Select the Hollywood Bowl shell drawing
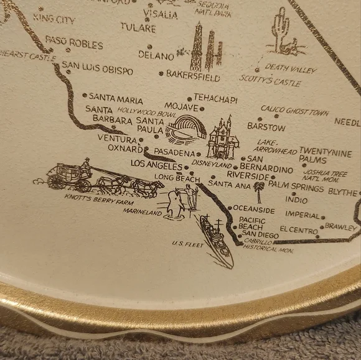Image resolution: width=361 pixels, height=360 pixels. tap(185, 129)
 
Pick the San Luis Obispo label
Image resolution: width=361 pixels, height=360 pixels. tap(98, 70)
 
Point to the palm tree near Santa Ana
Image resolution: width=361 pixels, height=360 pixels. tap(258, 190)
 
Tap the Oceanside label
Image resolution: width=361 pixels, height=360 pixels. tap(254, 210)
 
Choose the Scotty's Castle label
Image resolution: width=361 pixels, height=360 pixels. tap(270, 81)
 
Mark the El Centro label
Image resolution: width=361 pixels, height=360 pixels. tap(299, 229)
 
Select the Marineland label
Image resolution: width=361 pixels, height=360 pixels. tap(142, 212)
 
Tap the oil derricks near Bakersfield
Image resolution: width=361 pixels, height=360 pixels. tap(206, 47)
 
